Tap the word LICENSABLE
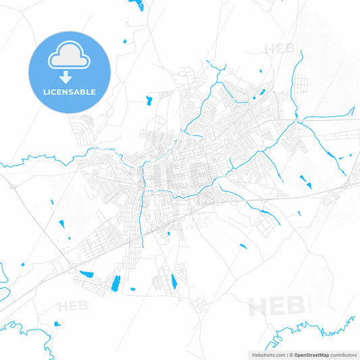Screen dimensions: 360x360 click(x=69, y=92)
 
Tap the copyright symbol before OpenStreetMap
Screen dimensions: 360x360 click(x=290, y=355)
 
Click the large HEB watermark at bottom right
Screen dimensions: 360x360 click(x=277, y=306)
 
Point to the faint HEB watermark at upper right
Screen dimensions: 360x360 click(x=280, y=49)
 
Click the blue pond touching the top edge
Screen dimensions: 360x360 click(x=137, y=5)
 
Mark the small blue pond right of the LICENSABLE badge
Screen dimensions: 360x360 click(x=125, y=43)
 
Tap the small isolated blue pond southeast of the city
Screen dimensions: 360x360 click(x=243, y=246)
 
